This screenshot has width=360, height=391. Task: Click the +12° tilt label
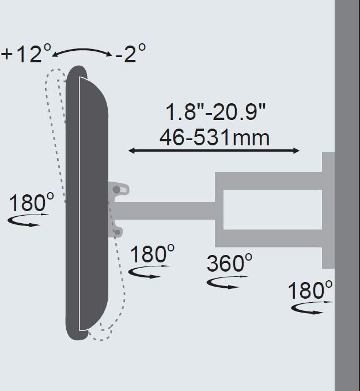pyautogui.click(x=26, y=53)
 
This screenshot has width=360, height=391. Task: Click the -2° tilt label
pyautogui.click(x=131, y=53)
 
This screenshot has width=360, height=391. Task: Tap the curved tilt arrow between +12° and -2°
pyautogui.click(x=82, y=51)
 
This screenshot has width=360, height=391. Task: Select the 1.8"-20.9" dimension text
pyautogui.click(x=215, y=112)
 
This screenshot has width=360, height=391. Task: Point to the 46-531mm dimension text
pyautogui.click(x=214, y=138)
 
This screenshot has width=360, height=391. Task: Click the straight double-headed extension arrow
pyautogui.click(x=214, y=151)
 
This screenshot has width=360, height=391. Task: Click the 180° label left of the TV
pyautogui.click(x=31, y=201)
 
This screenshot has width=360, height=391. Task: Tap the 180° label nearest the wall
pyautogui.click(x=310, y=290)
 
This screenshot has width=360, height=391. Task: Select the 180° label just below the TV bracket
pyautogui.click(x=152, y=254)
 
